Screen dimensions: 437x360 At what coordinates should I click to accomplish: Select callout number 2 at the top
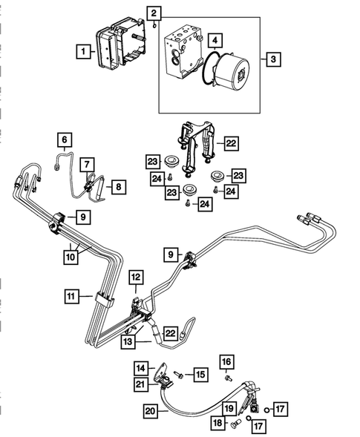point(153,13)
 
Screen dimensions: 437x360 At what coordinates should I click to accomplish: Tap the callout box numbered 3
point(273,59)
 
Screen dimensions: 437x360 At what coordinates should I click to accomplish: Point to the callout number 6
point(65,139)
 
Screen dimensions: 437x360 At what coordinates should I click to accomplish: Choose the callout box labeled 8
point(118,188)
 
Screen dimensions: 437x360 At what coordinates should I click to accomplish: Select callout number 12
point(136,276)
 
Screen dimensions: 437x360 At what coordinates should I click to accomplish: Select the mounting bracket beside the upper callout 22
point(196,142)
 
